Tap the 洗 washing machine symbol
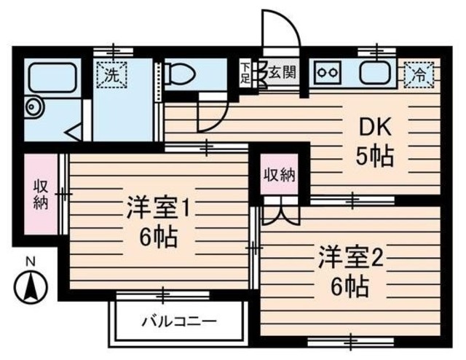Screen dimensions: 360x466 [112, 73]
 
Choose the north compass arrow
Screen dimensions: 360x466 [31, 286]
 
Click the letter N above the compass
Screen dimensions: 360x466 [31, 261]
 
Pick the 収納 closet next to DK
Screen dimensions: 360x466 [279, 175]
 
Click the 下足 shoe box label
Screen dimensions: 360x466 [246, 73]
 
